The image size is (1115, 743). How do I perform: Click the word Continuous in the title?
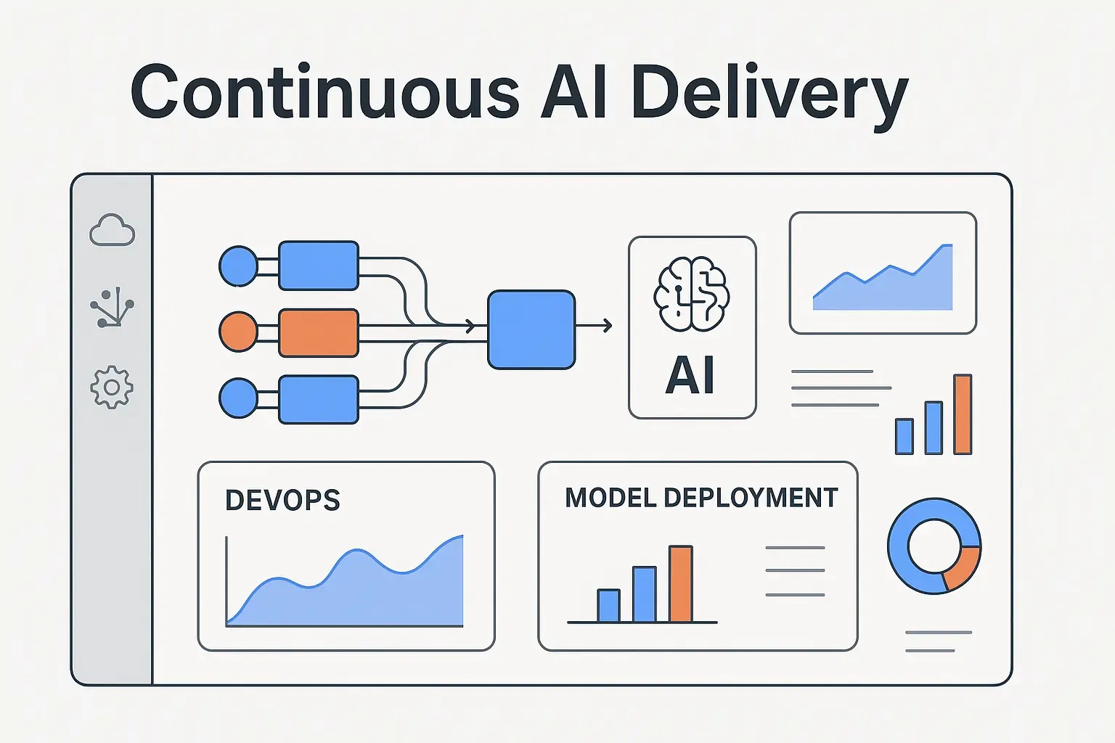coord(324,93)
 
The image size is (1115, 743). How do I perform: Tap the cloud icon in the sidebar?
coord(112,231)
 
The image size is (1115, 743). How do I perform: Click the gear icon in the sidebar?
coord(112,387)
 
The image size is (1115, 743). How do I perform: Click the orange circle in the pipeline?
coord(238,332)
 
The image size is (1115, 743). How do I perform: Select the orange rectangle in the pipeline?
coord(319,332)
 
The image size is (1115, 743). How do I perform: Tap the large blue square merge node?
coord(531,329)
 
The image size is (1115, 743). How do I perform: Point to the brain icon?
coord(691,295)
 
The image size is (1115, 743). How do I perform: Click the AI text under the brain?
coord(690,376)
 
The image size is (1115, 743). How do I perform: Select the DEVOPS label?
coord(282,501)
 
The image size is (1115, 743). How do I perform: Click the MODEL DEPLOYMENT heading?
coord(701,498)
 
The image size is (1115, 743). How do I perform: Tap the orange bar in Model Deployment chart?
coord(680,584)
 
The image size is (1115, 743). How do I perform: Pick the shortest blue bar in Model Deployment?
coord(608,605)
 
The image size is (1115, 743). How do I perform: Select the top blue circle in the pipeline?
coord(238,266)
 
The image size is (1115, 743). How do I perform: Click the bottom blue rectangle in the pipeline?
coord(319,399)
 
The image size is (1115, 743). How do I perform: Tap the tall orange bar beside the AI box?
coord(963,414)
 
